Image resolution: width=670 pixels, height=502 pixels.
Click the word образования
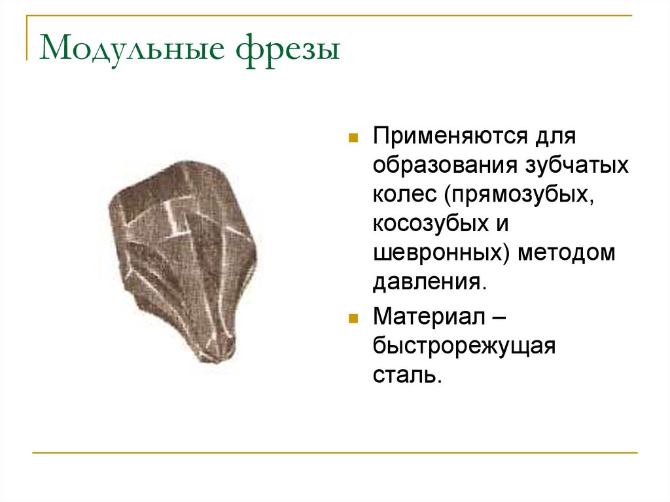click(x=444, y=166)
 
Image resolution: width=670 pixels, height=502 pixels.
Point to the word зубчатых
click(x=577, y=166)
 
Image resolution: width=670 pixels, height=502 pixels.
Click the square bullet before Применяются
click(x=353, y=139)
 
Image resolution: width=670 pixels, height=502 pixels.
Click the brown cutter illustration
click(x=183, y=255)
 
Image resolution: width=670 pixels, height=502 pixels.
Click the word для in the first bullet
click(x=556, y=138)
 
